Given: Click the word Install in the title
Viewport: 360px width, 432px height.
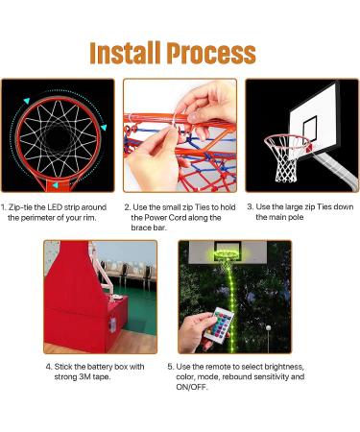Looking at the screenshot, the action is (125, 53).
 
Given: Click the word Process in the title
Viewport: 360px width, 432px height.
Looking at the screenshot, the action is (211, 53).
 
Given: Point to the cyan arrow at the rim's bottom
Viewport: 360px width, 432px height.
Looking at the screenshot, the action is (56, 185).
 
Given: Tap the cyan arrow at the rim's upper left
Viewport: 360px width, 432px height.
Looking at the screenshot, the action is (27, 101).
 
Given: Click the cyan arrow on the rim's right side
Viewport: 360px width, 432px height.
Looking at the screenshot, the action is (104, 128).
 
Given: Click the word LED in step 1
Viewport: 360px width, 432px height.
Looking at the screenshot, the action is (55, 207).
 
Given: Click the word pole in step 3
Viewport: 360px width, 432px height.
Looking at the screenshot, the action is (297, 218).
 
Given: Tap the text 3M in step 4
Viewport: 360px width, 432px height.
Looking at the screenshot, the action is (84, 377).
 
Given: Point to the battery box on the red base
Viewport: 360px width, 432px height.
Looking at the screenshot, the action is (112, 324).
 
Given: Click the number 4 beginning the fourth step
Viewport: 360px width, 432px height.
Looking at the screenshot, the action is (48, 367).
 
